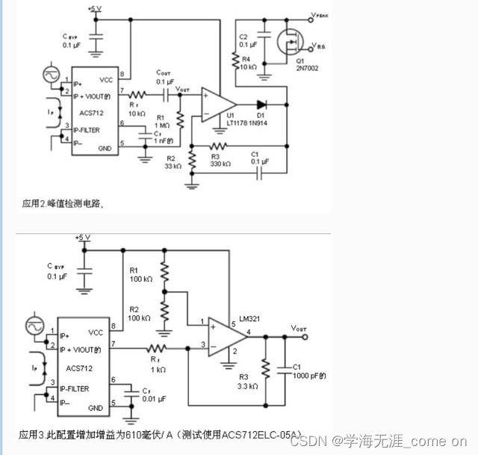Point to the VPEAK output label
321,15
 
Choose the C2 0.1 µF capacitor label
245,40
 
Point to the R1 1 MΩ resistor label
164,120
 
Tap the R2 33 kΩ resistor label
173,163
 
